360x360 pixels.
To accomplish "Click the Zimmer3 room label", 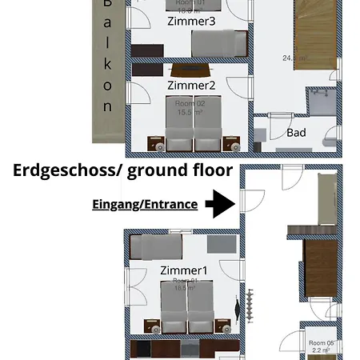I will click(x=191, y=22).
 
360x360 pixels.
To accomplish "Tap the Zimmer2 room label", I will click(x=191, y=85).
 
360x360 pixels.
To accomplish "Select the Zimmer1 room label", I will click(x=183, y=270).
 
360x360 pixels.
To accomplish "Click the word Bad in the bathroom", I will click(x=296, y=132).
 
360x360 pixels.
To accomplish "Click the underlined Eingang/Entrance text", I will click(x=145, y=204).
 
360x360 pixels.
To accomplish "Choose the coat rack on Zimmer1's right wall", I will click(x=249, y=305).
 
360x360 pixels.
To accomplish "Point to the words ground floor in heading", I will click(x=180, y=170).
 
